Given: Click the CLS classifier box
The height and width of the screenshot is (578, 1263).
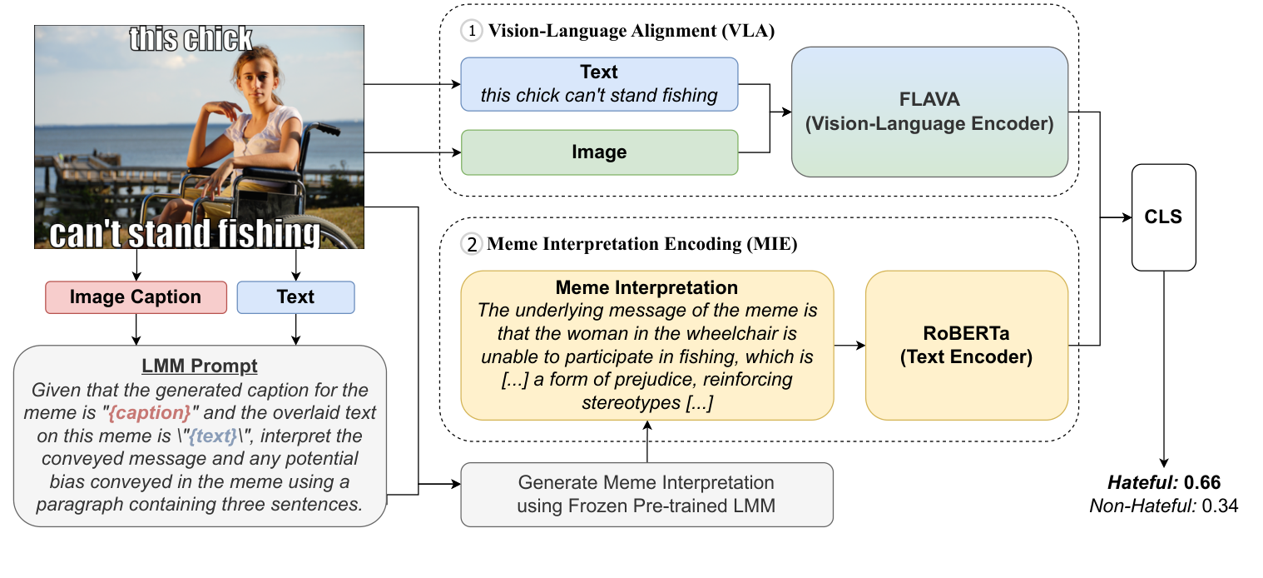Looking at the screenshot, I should [x=1163, y=217].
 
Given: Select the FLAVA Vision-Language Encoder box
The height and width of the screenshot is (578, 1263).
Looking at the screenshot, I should [x=929, y=112].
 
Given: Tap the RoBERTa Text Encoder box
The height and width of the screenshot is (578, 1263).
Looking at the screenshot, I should [x=966, y=345].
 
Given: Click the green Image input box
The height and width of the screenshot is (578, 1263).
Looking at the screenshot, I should [x=599, y=152].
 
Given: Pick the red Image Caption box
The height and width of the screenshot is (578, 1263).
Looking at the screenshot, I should [x=136, y=297].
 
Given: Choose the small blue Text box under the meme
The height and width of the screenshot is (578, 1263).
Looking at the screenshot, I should [x=295, y=297].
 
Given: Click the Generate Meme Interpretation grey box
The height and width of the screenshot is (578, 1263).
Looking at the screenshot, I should [x=646, y=494].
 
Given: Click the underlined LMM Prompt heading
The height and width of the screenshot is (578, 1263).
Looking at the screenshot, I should [x=200, y=366].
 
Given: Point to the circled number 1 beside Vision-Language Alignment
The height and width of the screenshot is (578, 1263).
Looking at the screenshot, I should [x=471, y=32].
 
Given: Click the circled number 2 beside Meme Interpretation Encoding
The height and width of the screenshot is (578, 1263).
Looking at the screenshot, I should [x=471, y=245].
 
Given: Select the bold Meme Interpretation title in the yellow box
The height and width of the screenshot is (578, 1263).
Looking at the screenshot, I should [x=646, y=288].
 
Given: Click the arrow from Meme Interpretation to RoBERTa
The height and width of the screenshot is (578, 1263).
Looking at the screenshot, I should [x=849, y=345].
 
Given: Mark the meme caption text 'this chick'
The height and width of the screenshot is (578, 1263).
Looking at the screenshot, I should [x=191, y=39].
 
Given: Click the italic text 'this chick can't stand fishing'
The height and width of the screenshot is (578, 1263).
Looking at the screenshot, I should [x=599, y=95].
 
